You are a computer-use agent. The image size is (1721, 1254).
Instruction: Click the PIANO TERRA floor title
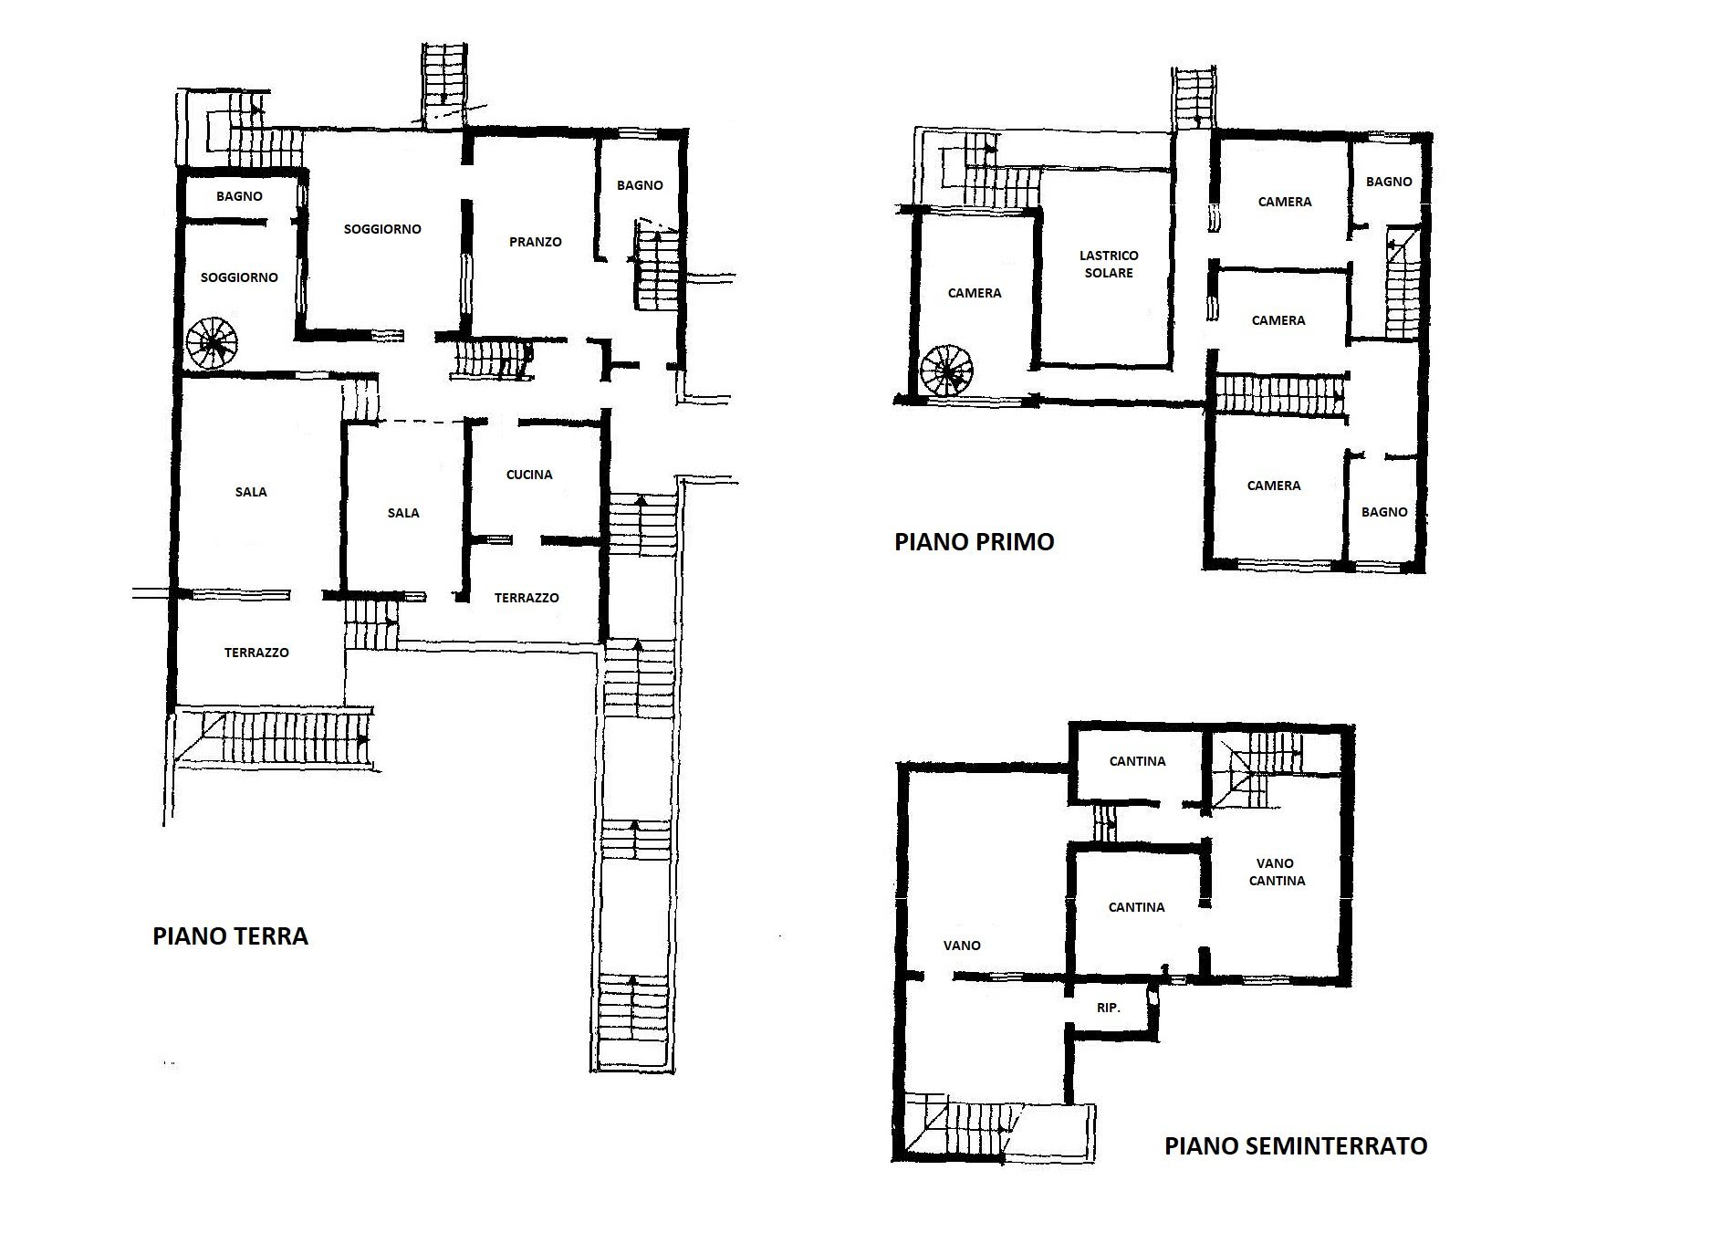click(230, 936)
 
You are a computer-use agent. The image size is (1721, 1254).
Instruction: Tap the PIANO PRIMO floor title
click(974, 542)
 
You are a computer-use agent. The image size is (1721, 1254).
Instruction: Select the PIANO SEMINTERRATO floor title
click(1296, 1146)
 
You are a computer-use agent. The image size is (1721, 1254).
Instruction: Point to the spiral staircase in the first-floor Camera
click(947, 371)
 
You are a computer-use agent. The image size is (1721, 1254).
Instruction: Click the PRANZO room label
click(536, 242)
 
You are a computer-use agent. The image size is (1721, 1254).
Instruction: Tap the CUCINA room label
click(529, 475)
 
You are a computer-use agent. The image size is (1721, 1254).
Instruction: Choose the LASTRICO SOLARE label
click(1109, 264)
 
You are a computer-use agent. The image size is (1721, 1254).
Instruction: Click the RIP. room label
click(1108, 1008)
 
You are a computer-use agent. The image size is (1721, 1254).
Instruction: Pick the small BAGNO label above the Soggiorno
click(239, 196)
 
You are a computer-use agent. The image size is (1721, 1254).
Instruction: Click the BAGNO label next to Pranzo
click(640, 185)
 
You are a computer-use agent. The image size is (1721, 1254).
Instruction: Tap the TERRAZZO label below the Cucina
click(527, 598)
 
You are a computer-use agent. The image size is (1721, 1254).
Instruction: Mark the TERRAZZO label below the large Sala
click(256, 653)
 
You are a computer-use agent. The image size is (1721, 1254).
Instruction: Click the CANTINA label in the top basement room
click(1137, 761)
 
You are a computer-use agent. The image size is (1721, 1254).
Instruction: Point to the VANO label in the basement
click(962, 946)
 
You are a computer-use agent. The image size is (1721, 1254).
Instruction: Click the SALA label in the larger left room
click(251, 492)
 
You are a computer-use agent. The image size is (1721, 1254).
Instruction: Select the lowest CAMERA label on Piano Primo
click(1274, 486)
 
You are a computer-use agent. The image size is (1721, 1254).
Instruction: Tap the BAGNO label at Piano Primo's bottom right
click(1384, 512)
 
